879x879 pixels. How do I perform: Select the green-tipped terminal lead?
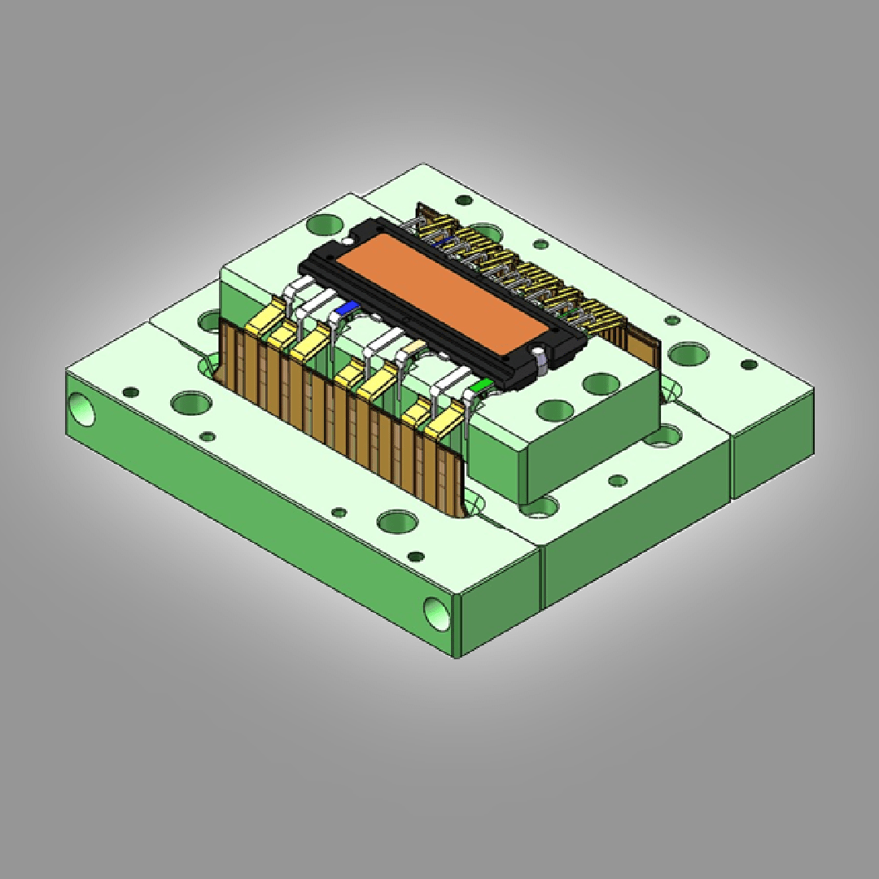pos(483,384)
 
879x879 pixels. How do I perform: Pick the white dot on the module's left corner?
pos(348,241)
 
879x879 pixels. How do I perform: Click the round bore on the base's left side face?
pos(81,409)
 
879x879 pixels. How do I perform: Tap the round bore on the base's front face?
pos(435,610)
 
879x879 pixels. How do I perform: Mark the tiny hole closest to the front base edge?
pos(416,557)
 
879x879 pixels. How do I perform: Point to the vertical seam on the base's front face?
pos(542,578)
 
